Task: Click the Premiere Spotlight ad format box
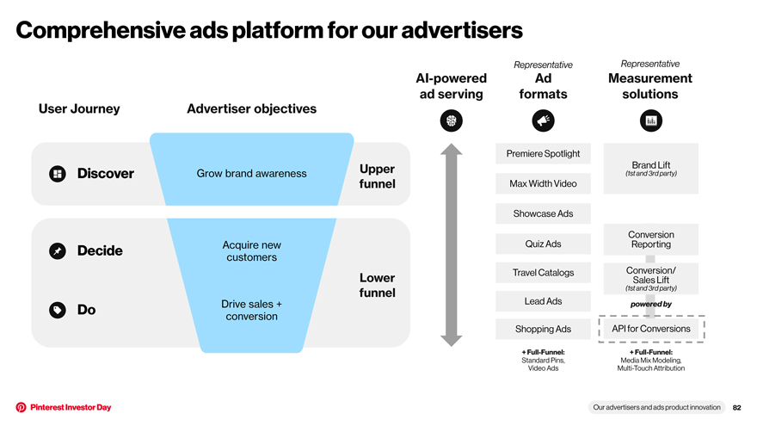543,153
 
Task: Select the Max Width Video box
543,183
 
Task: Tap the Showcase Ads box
543,213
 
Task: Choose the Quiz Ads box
543,244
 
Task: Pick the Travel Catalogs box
543,273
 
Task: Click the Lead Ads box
543,301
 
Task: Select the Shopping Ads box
543,329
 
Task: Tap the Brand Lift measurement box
651,169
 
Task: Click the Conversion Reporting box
651,239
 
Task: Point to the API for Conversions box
651,329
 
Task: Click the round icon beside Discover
58,174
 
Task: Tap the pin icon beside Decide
58,250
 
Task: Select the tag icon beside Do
58,310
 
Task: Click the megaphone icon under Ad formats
543,120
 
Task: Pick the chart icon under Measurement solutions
651,120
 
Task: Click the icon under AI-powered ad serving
452,120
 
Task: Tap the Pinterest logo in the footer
21,407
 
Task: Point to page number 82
736,408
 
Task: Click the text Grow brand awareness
251,173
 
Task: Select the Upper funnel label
377,176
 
